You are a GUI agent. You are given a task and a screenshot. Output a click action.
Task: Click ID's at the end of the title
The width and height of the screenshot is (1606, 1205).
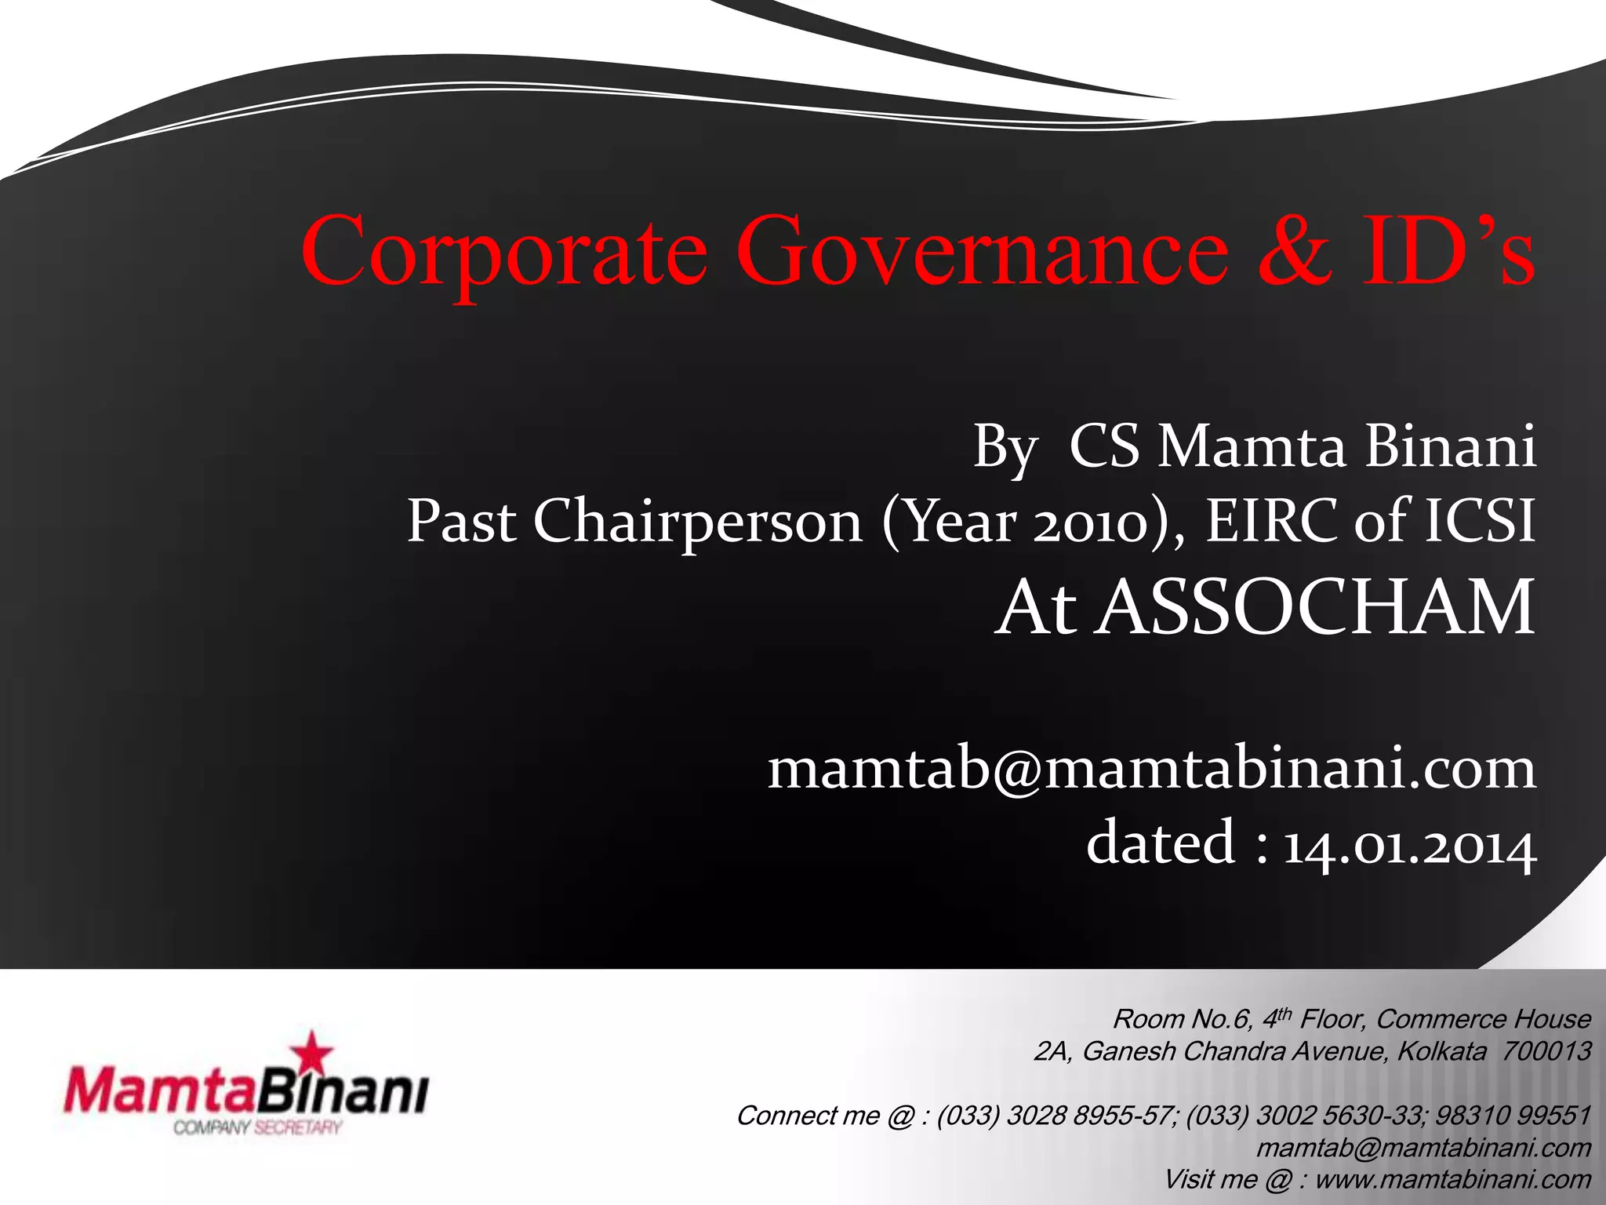(x=1448, y=251)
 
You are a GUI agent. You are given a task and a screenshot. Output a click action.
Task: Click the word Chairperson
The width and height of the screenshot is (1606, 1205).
(x=697, y=522)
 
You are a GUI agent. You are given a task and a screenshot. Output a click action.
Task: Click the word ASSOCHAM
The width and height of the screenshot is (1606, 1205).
(x=1314, y=607)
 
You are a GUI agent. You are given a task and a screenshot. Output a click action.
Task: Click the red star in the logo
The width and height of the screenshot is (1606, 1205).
(x=313, y=1051)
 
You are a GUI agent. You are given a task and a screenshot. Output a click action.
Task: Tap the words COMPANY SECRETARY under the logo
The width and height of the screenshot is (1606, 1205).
(x=258, y=1128)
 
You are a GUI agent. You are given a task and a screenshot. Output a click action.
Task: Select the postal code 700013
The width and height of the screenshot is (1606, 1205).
(x=1546, y=1051)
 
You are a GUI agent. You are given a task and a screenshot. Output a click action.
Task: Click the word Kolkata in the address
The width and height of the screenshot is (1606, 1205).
(x=1441, y=1051)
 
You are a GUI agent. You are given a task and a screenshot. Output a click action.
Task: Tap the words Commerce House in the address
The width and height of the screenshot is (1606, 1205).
(x=1483, y=1019)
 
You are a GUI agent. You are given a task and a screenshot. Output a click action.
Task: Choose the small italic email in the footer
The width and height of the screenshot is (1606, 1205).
(x=1423, y=1148)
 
